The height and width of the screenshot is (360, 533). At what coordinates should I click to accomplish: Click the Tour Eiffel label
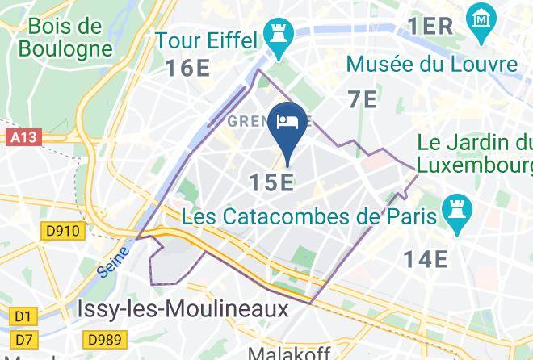(x=206, y=40)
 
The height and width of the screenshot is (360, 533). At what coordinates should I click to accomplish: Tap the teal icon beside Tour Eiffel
(x=280, y=40)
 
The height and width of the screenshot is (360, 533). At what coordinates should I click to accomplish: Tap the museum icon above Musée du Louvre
(x=481, y=19)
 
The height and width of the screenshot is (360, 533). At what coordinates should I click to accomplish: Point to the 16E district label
(x=188, y=68)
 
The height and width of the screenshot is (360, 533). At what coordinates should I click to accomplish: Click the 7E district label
(x=363, y=99)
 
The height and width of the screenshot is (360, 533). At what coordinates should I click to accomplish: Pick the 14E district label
(x=426, y=258)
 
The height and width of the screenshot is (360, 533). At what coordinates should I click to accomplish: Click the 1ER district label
(x=430, y=25)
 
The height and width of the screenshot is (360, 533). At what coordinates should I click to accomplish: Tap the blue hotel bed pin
(x=287, y=123)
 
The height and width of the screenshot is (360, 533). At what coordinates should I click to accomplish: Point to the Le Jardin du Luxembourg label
(x=475, y=154)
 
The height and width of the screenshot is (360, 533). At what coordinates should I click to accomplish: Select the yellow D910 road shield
(x=62, y=232)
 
